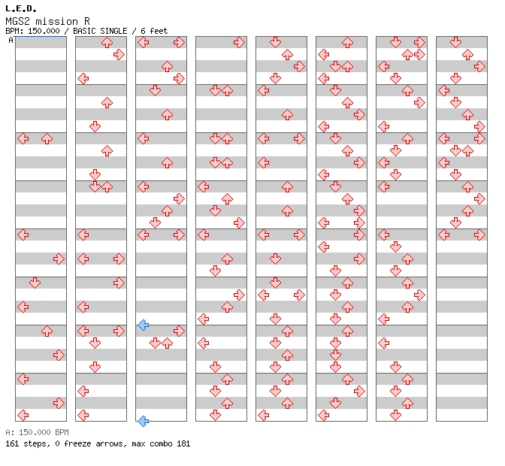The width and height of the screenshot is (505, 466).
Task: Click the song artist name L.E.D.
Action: click(x=20, y=8)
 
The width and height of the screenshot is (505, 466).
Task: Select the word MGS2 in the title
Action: click(x=16, y=20)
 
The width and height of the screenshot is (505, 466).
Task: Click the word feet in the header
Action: click(x=157, y=31)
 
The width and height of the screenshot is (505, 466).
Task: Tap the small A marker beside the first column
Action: click(x=11, y=41)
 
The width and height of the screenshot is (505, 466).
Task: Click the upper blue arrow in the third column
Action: click(x=143, y=325)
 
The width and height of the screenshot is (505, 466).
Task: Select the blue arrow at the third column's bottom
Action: click(x=143, y=421)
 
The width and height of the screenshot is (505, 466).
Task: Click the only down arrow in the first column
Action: click(x=35, y=283)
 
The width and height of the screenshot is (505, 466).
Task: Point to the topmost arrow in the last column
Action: click(x=455, y=42)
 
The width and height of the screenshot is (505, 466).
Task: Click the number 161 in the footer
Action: click(x=13, y=443)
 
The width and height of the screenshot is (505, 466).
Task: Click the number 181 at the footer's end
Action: click(x=183, y=443)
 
